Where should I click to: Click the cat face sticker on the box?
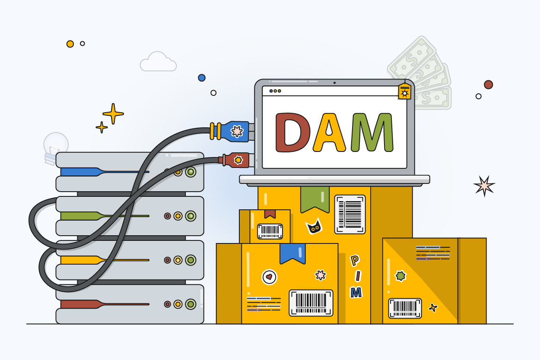coord(314,226)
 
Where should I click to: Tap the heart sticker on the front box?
coord(269,277)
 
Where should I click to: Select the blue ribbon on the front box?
coord(292,253)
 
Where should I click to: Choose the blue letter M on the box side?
coord(356,293)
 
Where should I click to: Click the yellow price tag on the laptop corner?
coord(404,92)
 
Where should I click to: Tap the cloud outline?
coord(158,62)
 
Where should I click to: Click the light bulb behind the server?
coord(55,146)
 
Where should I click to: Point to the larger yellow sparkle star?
coord(113,114)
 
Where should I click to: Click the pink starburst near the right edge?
coord(484,186)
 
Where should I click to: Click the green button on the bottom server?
coord(191,304)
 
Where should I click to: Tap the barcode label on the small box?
coord(270,231)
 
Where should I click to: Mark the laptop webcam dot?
coord(334,82)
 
